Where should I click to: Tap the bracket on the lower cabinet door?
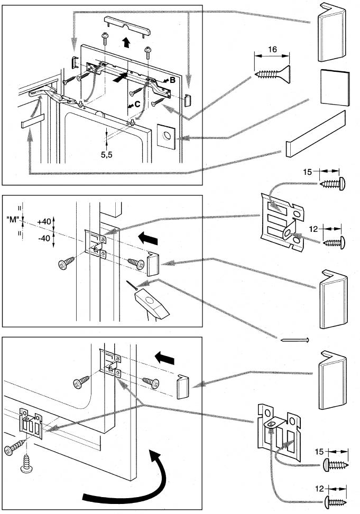click(31, 423)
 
